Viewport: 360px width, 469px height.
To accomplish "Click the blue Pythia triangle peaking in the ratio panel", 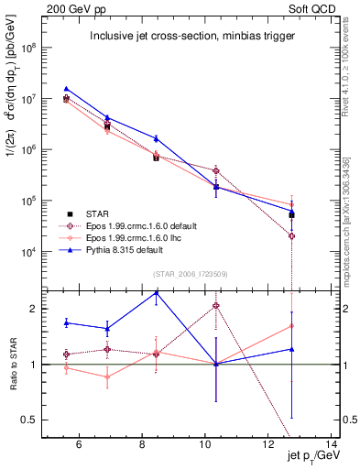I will (157, 294).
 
